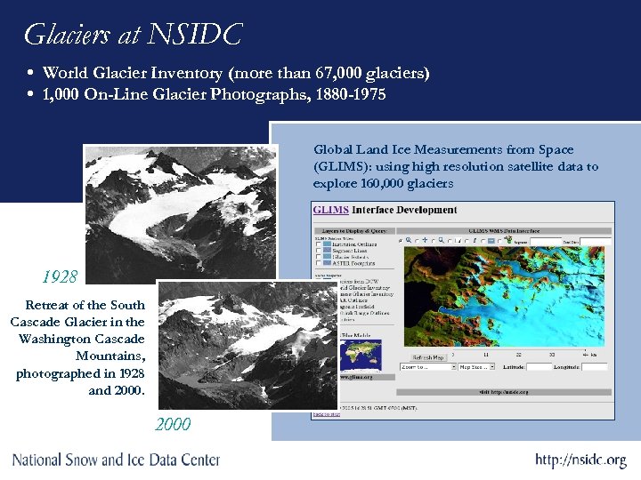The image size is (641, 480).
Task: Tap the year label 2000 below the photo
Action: coord(174,425)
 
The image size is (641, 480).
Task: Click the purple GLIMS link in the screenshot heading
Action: coord(330,210)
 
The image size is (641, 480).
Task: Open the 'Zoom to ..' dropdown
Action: coord(427,366)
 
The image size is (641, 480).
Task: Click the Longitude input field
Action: coord(595,366)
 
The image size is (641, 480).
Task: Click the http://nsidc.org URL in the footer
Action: coord(580,460)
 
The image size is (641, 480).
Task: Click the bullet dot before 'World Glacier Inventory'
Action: coord(31,73)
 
